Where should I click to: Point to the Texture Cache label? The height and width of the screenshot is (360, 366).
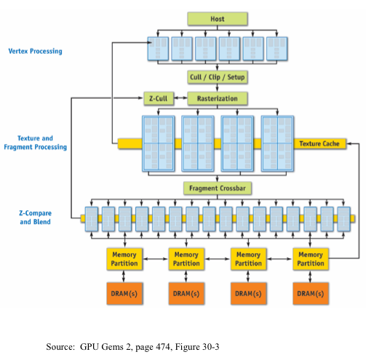tap(319, 143)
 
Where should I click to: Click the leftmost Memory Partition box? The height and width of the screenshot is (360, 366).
tap(124, 258)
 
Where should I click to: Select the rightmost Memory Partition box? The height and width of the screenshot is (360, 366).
tap(311, 258)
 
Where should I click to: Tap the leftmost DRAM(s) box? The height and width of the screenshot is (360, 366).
tap(124, 294)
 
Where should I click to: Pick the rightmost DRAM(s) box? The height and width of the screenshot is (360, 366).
tap(311, 294)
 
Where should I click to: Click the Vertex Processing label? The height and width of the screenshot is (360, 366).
tap(35, 51)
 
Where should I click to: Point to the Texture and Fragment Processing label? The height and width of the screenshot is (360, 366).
tap(35, 143)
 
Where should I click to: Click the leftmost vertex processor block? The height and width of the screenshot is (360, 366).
tap(159, 49)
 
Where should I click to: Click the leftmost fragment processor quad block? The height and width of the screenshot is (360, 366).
tap(158, 143)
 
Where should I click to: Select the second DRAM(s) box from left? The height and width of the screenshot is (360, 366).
tap(186, 294)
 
